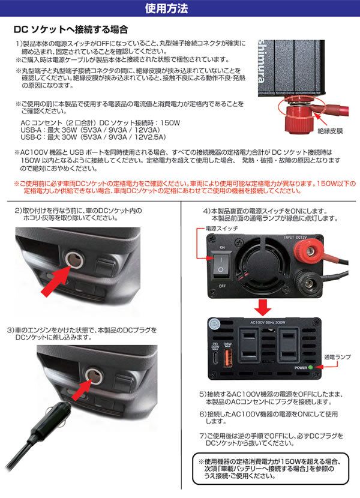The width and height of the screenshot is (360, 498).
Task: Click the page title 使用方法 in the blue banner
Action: tap(166, 8)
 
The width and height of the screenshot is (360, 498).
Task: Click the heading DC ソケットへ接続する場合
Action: tap(71, 29)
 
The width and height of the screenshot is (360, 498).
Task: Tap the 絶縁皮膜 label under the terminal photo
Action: tap(330, 131)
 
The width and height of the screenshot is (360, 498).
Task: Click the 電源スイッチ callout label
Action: tap(221, 229)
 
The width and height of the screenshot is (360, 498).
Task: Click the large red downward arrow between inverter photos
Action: tap(263, 307)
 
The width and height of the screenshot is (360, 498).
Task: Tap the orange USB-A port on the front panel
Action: tap(227, 358)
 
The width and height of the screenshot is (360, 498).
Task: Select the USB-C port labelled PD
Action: tap(216, 358)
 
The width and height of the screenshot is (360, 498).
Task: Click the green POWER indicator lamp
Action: tap(310, 367)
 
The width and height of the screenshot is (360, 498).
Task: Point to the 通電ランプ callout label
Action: tap(337, 357)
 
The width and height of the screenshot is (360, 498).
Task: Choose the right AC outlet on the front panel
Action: tap(288, 345)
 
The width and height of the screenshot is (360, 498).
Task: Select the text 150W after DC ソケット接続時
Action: tap(170, 122)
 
